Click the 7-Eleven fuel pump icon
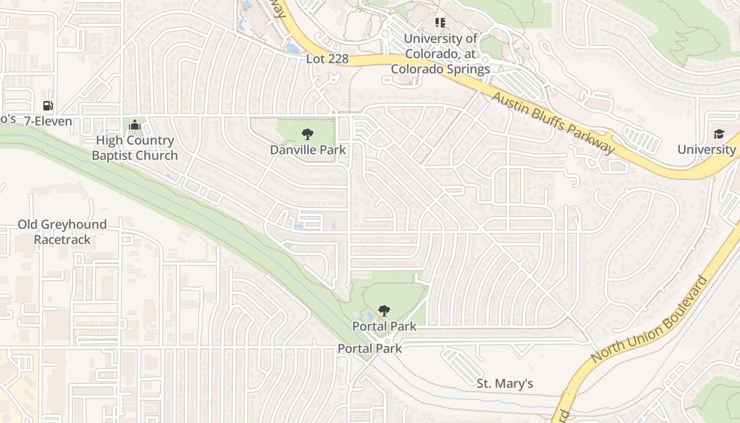tap(48, 106)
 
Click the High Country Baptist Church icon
tap(135, 126)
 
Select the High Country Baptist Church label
tap(135, 148)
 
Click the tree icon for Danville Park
tap(307, 134)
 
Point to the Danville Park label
tap(308, 150)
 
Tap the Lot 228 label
tap(327, 59)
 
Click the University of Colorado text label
tap(440, 53)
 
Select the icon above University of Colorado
tap(440, 23)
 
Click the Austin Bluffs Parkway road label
tap(554, 122)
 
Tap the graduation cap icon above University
tap(719, 134)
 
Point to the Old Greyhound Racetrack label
tap(62, 232)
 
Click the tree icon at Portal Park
tap(384, 311)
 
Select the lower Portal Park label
tap(370, 348)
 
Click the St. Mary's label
tap(505, 383)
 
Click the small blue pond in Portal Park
tap(370, 316)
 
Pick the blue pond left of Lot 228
tap(292, 49)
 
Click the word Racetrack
tap(62, 240)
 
